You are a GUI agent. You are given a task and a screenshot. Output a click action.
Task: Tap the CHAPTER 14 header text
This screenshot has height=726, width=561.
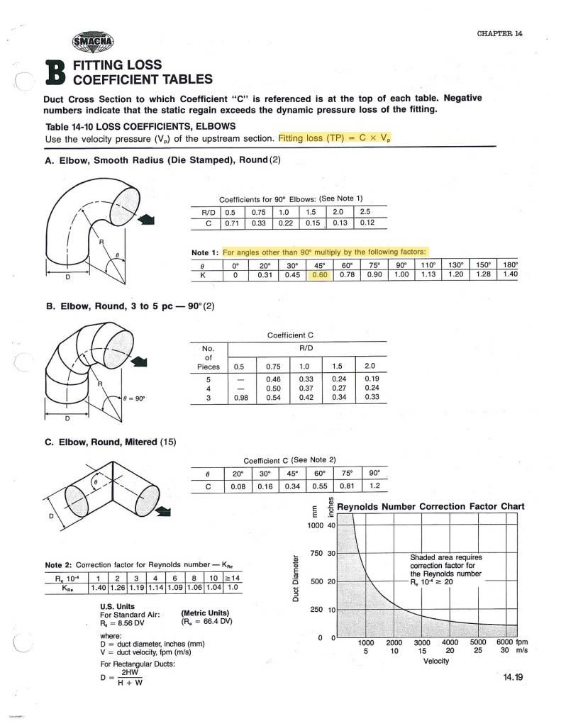(x=499, y=34)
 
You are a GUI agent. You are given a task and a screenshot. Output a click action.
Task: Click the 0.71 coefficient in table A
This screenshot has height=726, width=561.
(x=231, y=223)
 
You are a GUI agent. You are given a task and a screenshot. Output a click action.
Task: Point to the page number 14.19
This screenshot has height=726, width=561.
(x=512, y=677)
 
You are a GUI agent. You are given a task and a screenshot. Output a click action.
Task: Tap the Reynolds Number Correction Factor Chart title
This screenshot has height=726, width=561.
(x=431, y=506)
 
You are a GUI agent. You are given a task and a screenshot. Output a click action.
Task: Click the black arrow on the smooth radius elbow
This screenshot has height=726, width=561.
(x=147, y=221)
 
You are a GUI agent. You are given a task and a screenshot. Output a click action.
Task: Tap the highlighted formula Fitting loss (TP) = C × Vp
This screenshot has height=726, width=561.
(x=335, y=138)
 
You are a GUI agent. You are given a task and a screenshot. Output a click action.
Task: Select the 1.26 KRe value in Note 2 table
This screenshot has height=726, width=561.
(x=117, y=588)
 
